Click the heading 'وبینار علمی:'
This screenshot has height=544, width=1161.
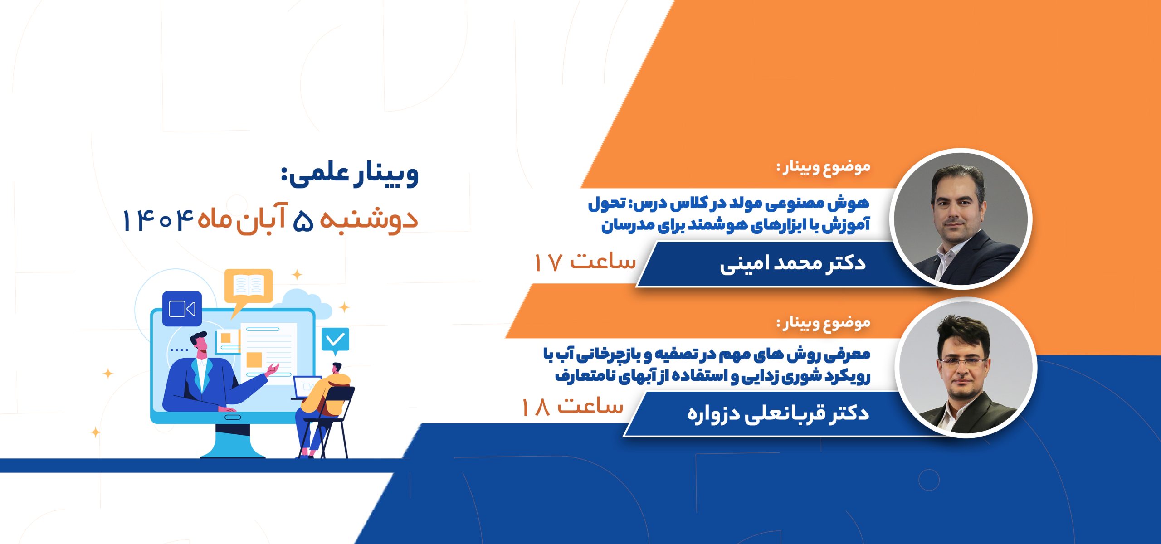[x=349, y=175]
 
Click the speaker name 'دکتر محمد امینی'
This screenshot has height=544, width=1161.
[x=793, y=264]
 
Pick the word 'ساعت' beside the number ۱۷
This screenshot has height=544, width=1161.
[x=603, y=261]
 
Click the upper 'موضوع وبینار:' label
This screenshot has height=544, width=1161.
[x=823, y=167]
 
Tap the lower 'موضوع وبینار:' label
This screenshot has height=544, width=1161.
[x=823, y=323]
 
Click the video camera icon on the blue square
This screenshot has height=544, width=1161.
[x=182, y=309]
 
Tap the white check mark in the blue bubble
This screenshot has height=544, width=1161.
[x=336, y=340]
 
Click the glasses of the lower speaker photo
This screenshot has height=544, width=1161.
[x=963, y=362]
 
